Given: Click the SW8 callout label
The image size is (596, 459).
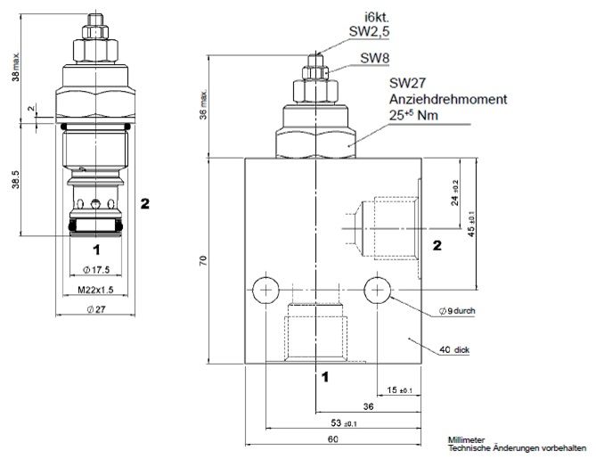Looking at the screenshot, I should click(374, 59).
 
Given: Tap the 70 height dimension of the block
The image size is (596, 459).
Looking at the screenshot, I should click(204, 260).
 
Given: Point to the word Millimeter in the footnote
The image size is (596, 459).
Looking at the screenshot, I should click(467, 439).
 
